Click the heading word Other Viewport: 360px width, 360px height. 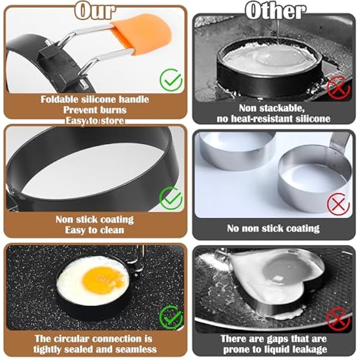pyautogui.click(x=275, y=11)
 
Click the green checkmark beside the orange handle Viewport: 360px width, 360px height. pyautogui.click(x=171, y=80)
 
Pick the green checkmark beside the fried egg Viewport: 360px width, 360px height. pyautogui.click(x=170, y=317)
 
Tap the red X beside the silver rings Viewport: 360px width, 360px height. pyautogui.click(x=339, y=204)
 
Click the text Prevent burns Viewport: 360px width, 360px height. pyautogui.click(x=95, y=110)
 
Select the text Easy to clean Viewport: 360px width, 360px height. pyautogui.click(x=95, y=230)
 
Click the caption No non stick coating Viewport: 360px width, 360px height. pyautogui.click(x=273, y=229)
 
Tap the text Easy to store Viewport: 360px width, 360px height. pyautogui.click(x=95, y=121)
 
